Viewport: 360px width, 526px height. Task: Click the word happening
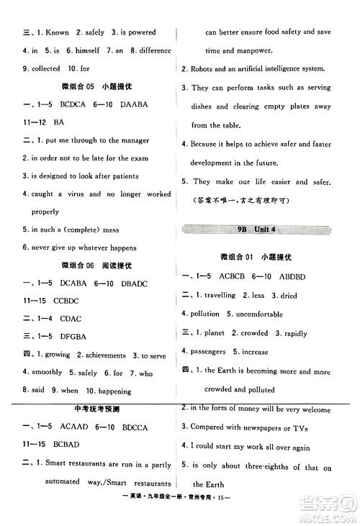pos(111,391)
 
